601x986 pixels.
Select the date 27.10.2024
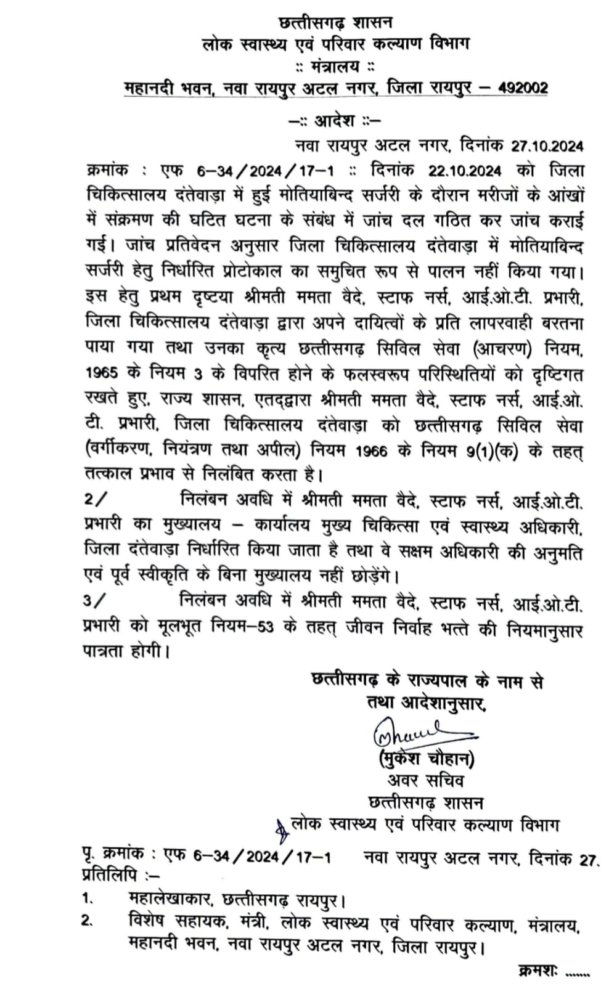coord(547,146)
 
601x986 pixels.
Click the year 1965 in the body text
coord(101,373)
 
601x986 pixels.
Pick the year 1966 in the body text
coord(372,451)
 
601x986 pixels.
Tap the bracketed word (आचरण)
coord(501,349)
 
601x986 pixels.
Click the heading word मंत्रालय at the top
coord(335,66)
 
